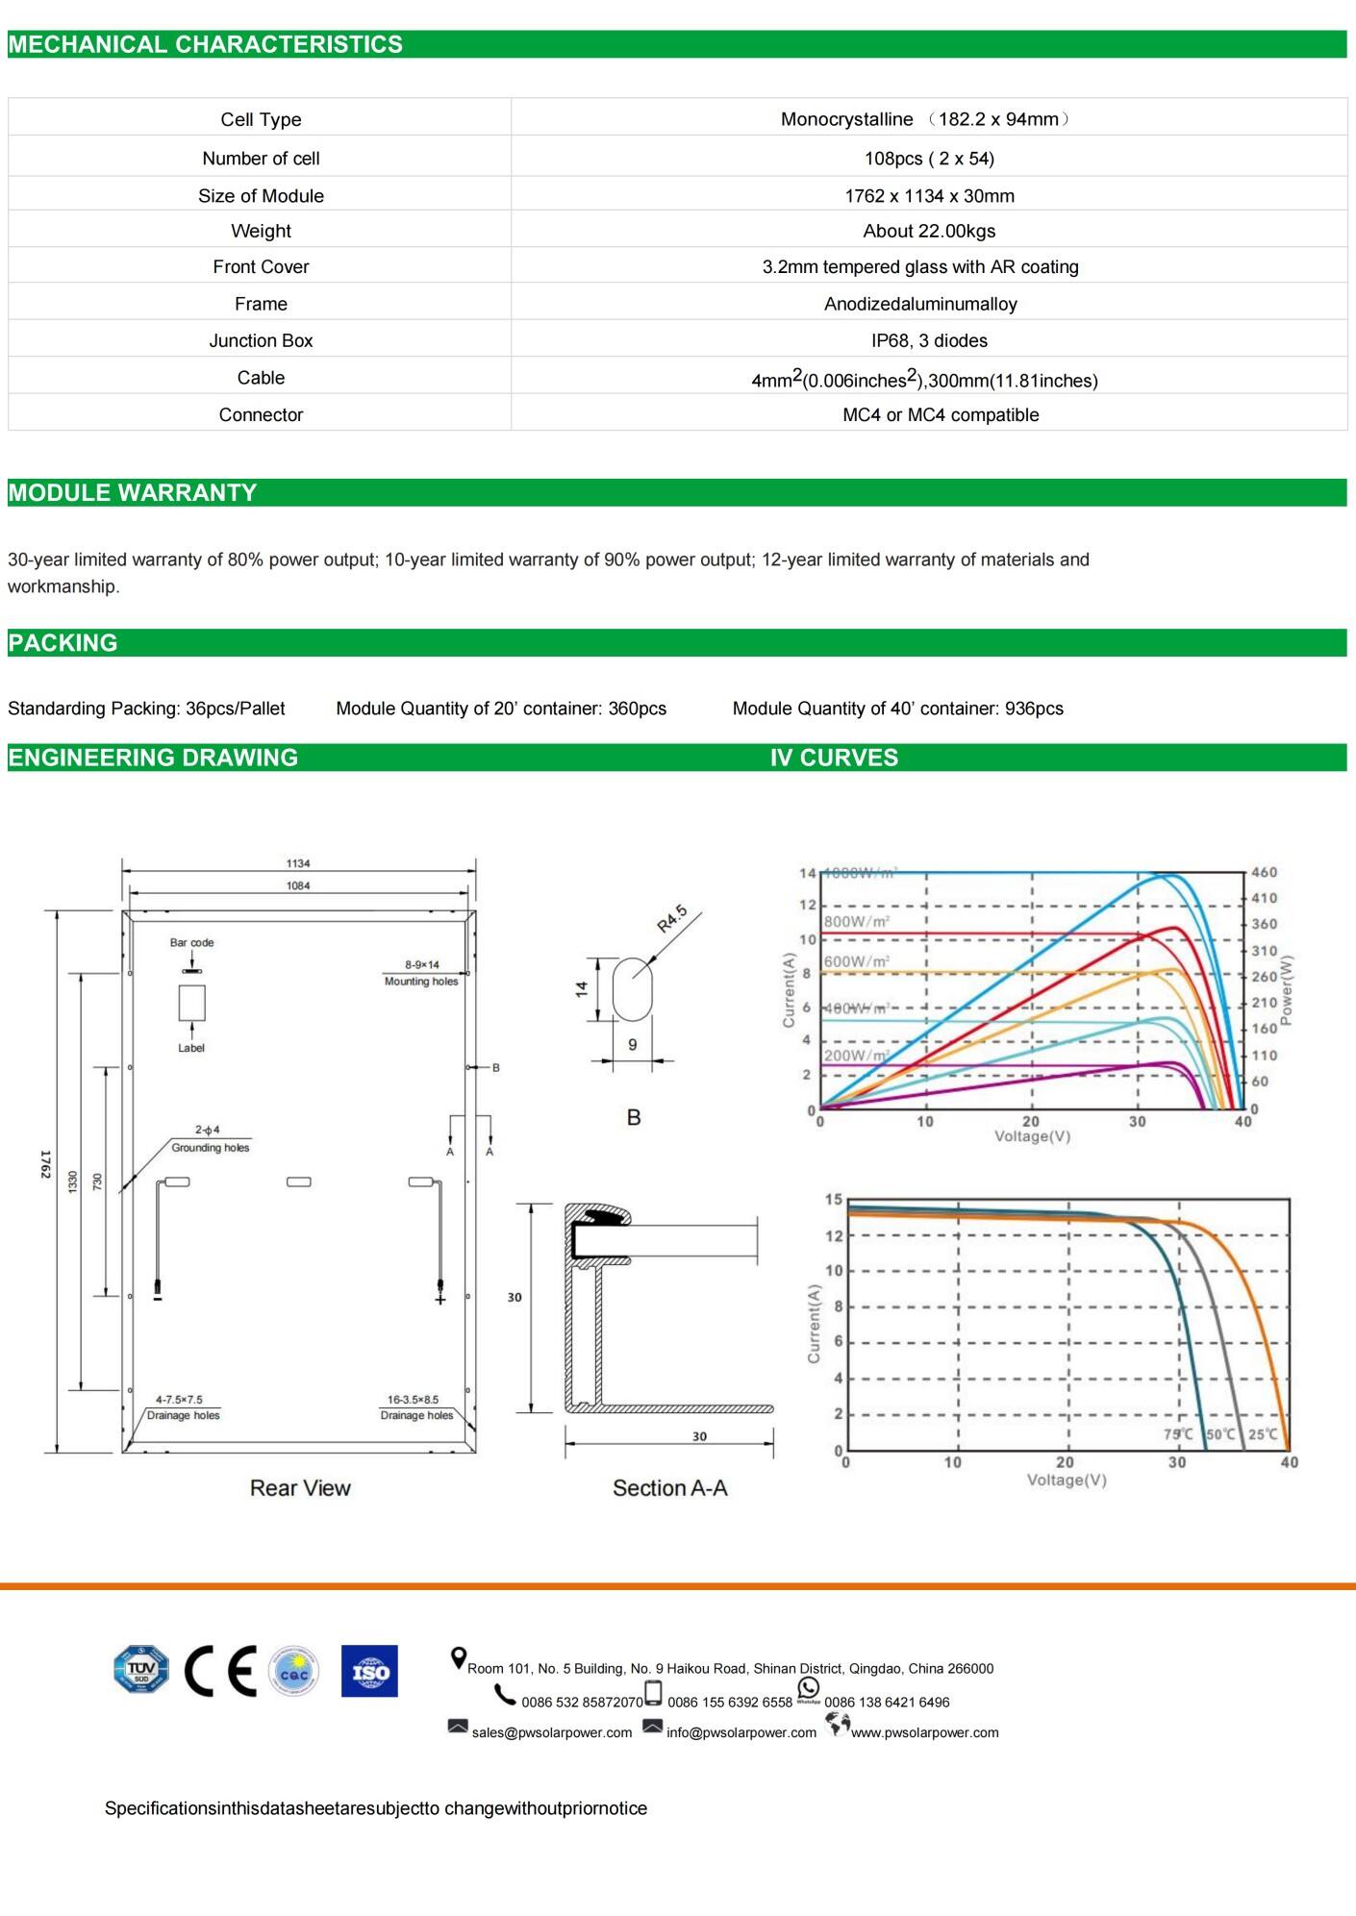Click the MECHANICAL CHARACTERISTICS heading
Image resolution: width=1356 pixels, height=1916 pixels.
pos(205,44)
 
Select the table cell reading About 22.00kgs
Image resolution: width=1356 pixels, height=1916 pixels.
pos(929,231)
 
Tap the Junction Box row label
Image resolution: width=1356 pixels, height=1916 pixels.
pos(261,340)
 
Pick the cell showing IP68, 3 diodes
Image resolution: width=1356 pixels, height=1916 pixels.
pos(929,340)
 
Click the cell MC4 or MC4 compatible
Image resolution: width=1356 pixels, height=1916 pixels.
pos(941,414)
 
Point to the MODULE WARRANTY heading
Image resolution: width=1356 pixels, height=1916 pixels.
pos(133,492)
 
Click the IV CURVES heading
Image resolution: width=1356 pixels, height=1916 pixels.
pos(834,758)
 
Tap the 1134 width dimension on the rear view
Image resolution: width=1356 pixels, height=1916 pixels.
pos(298,863)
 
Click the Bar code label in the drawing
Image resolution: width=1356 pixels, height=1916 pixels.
pos(191,942)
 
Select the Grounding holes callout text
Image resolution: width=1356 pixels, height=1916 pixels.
pos(210,1147)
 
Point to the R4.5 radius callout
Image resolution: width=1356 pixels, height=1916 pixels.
pos(672,918)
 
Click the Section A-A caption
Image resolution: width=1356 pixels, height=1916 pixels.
pos(669,1488)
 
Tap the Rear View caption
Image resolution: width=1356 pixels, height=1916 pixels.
pos(300,1488)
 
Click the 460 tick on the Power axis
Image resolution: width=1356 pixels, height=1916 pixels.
pos(1264,872)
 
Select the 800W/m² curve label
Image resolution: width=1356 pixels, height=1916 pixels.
pos(856,921)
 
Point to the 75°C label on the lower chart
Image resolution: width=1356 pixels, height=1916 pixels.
pos(1177,1433)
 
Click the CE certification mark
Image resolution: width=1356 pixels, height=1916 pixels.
pos(220,1671)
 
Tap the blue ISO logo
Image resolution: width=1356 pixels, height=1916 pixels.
pos(369,1671)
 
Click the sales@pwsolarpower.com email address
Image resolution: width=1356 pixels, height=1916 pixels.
pos(551,1732)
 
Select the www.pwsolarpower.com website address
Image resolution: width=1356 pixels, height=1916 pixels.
pos(924,1732)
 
